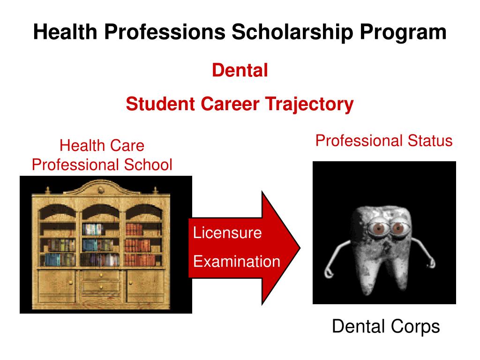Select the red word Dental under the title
point(240,71)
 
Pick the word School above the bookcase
point(149,165)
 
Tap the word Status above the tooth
point(429,140)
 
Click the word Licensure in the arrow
point(227,232)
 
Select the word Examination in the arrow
point(237,261)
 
